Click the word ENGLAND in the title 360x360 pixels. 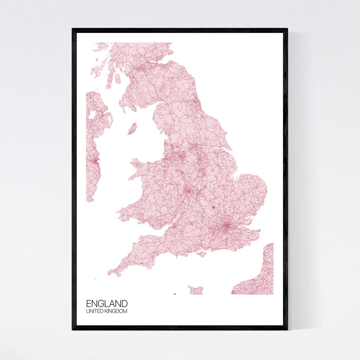pyautogui.click(x=107, y=304)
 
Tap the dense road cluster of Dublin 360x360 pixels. pyautogui.click(x=95, y=161)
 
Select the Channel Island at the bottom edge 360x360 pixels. pyautogui.click(x=196, y=290)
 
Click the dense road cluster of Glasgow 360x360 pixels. pyautogui.click(x=139, y=69)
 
